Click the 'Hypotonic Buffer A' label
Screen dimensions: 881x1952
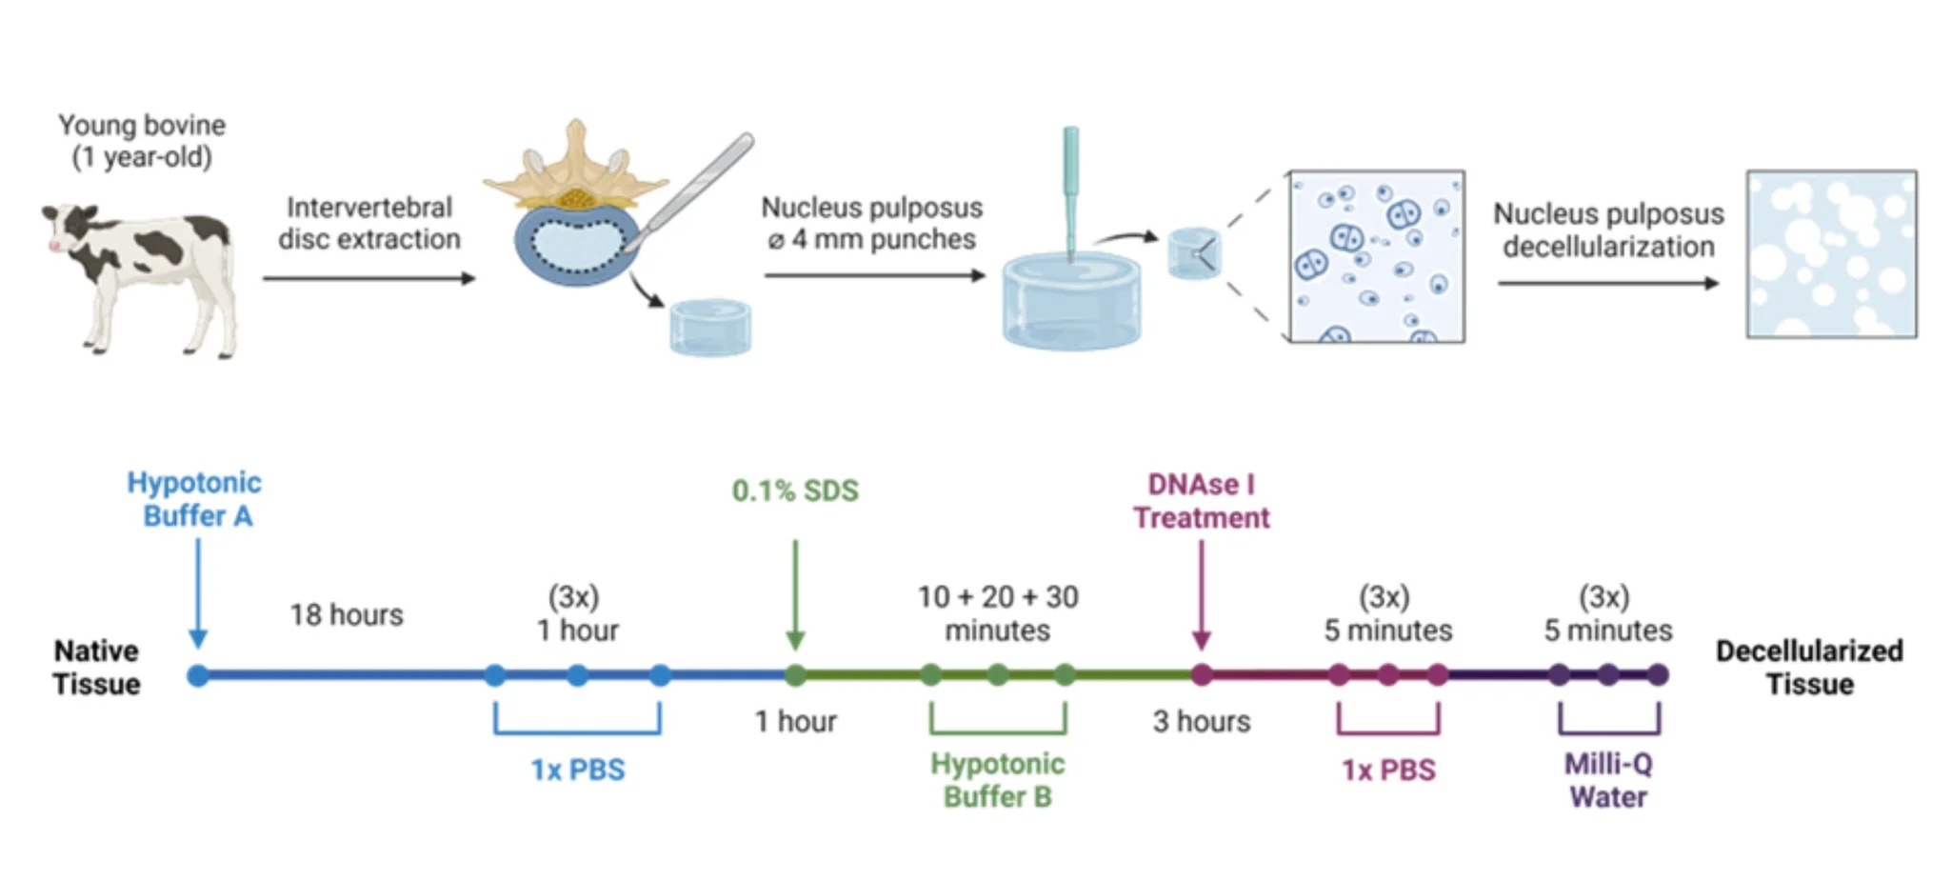pos(195,499)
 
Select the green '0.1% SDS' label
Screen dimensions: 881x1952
pos(795,491)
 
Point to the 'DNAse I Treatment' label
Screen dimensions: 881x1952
pos(1201,501)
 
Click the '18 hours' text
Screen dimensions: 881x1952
pos(347,615)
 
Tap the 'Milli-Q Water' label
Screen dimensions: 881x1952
pos(1608,780)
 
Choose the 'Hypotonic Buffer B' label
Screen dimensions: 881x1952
pos(997,780)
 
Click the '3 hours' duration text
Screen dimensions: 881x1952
pos(1201,722)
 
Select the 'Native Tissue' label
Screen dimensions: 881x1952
pos(96,668)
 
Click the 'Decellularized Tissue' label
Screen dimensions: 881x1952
pos(1809,668)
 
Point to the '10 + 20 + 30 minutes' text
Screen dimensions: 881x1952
pos(997,613)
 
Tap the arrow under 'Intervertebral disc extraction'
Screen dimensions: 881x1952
pos(368,278)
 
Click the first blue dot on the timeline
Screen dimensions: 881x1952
pos(198,676)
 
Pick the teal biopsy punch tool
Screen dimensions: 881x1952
pos(1071,190)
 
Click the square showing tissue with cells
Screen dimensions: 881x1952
pos(1377,256)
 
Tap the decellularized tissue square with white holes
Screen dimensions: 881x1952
pos(1831,254)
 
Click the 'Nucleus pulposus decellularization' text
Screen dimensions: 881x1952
pos(1608,230)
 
